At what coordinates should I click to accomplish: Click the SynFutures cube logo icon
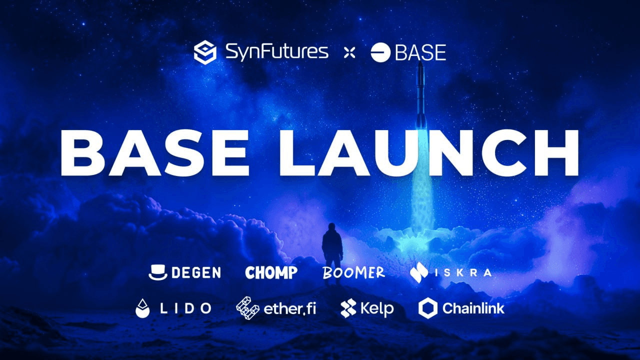pyautogui.click(x=205, y=52)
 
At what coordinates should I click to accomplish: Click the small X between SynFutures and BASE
pyautogui.click(x=349, y=53)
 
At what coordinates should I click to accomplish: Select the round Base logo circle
pyautogui.click(x=380, y=52)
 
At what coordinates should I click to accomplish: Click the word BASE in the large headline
pyautogui.click(x=154, y=152)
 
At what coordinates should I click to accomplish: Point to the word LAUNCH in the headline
pyautogui.click(x=429, y=152)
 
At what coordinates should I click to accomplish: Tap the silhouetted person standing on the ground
pyautogui.click(x=332, y=253)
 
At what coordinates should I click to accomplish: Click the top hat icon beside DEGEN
pyautogui.click(x=157, y=272)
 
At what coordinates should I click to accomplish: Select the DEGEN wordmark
pyautogui.click(x=196, y=272)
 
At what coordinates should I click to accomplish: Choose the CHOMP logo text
pyautogui.click(x=271, y=272)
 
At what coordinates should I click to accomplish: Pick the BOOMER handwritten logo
pyautogui.click(x=353, y=272)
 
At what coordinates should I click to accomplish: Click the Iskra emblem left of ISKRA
pyautogui.click(x=418, y=272)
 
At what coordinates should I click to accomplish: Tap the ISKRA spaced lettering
pyautogui.click(x=463, y=272)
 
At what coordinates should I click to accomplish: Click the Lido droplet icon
pyautogui.click(x=142, y=308)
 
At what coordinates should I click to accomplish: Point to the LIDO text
pyautogui.click(x=185, y=308)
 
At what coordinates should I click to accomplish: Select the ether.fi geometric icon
pyautogui.click(x=247, y=307)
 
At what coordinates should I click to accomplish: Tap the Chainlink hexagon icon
pyautogui.click(x=428, y=308)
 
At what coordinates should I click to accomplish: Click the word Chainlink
pyautogui.click(x=473, y=308)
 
